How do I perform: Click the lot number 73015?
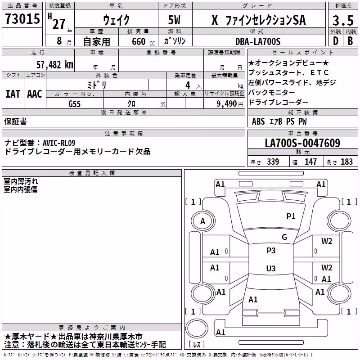[22, 18]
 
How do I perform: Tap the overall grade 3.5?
[343, 20]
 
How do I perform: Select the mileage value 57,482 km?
[55, 65]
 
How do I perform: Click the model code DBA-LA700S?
[258, 41]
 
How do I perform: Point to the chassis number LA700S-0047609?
[302, 143]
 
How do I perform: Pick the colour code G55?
[75, 104]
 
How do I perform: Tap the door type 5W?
[174, 20]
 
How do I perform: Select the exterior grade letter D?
[336, 41]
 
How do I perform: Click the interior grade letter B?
[351, 41]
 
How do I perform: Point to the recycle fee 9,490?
[227, 104]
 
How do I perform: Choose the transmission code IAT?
[13, 94]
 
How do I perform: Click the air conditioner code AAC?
[35, 94]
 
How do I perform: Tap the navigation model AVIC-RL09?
[59, 143]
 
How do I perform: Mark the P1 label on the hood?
[291, 216]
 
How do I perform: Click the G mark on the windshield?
[284, 237]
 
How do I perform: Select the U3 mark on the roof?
[271, 268]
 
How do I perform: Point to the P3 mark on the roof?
[271, 251]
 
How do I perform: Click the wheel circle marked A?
[203, 221]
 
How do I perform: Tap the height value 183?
[346, 162]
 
